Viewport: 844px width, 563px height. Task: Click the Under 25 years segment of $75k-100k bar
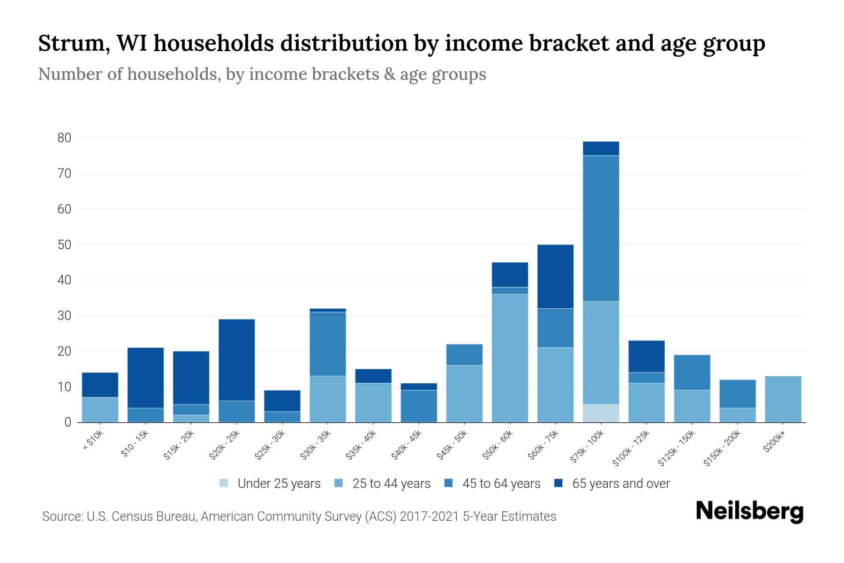pyautogui.click(x=601, y=413)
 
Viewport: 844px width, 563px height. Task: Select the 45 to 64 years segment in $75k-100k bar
pyautogui.click(x=601, y=228)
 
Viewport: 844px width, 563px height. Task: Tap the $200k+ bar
pyautogui.click(x=783, y=399)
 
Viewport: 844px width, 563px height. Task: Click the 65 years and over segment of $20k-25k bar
pyautogui.click(x=237, y=360)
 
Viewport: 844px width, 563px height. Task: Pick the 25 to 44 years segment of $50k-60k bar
pyautogui.click(x=510, y=358)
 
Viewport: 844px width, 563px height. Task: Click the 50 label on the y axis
pyautogui.click(x=64, y=245)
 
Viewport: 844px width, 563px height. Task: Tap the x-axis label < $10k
pyautogui.click(x=93, y=441)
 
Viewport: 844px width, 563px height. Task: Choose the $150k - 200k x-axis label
pyautogui.click(x=722, y=448)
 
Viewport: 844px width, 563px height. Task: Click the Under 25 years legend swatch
pyautogui.click(x=224, y=483)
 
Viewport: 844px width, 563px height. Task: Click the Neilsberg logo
pyautogui.click(x=750, y=511)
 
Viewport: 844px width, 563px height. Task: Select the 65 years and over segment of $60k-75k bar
pyautogui.click(x=555, y=276)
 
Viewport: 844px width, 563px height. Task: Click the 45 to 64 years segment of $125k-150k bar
pyautogui.click(x=692, y=373)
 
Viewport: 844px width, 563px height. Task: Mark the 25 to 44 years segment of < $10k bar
pyautogui.click(x=100, y=410)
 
